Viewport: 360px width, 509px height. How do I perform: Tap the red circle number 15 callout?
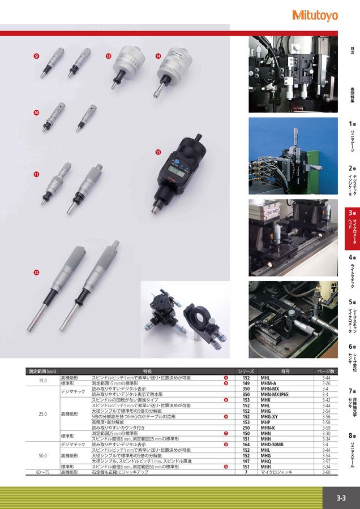158,152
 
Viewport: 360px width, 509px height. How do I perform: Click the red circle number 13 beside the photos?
108,56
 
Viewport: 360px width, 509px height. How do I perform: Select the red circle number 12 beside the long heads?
36,272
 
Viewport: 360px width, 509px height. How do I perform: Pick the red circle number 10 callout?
36,113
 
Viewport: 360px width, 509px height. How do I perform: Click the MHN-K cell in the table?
269,428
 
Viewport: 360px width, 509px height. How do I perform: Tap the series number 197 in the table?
246,461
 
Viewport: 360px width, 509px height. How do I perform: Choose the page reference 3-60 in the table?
327,472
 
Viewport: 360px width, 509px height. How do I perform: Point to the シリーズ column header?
246,372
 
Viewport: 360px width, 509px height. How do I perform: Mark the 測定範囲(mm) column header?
42,372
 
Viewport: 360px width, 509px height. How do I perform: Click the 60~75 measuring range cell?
42,472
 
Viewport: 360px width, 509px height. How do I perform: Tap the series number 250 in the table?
246,428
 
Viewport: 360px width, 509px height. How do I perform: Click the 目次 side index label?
352,49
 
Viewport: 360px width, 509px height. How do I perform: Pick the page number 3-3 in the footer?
341,498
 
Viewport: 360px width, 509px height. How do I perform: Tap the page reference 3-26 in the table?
327,383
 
